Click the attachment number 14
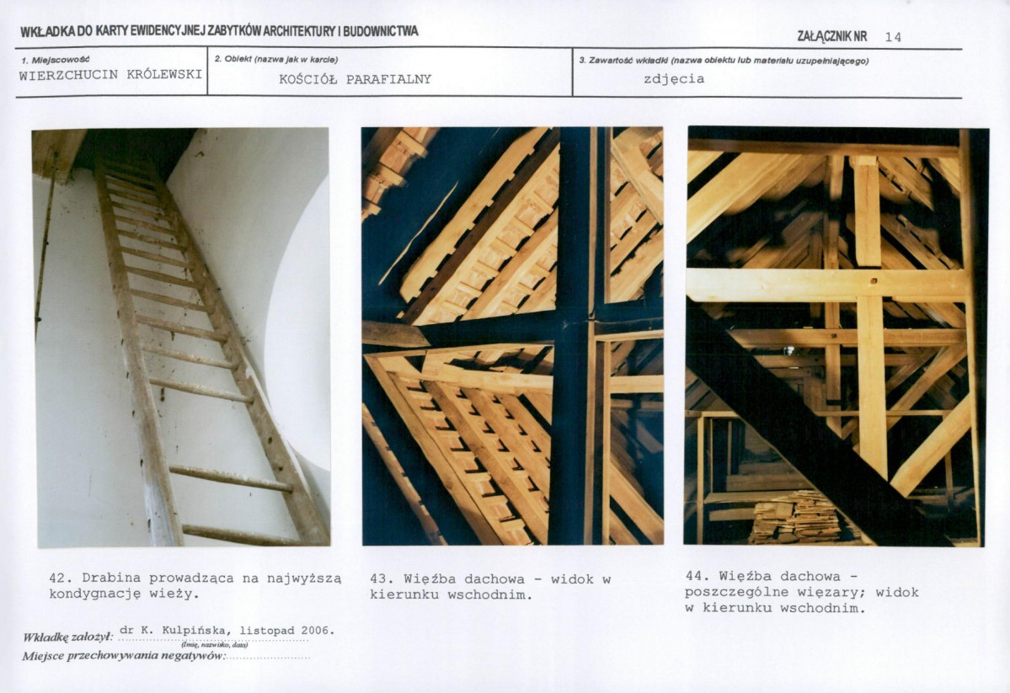893,37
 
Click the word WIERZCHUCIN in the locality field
69,75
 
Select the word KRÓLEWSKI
164,75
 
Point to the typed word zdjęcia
674,79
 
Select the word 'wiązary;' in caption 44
831,592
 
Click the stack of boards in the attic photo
796,517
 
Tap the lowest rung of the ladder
239,535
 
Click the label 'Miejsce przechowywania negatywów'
123,656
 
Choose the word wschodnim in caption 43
490,595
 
